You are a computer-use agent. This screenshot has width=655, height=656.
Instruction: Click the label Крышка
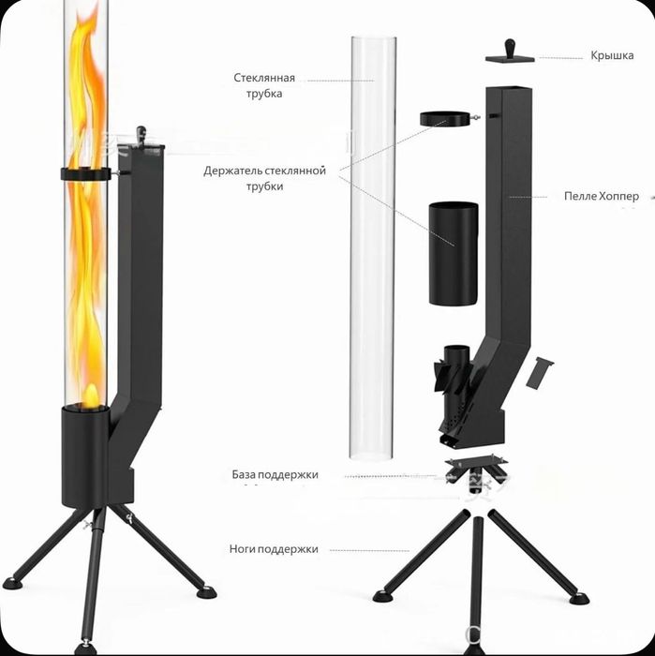pyautogui.click(x=612, y=55)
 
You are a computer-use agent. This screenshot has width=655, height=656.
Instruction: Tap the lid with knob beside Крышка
pyautogui.click(x=510, y=52)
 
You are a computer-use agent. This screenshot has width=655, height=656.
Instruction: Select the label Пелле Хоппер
pyautogui.click(x=602, y=196)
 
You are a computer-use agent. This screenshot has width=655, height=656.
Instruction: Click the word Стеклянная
pyautogui.click(x=264, y=78)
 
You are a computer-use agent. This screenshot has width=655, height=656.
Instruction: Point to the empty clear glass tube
pyautogui.click(x=373, y=247)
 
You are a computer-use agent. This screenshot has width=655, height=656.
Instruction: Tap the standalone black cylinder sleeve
pyautogui.click(x=454, y=254)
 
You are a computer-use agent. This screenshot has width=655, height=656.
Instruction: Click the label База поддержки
pyautogui.click(x=275, y=475)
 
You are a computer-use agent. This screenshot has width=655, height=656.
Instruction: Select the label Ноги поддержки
pyautogui.click(x=274, y=549)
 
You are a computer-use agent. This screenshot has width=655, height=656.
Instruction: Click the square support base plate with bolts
pyautogui.click(x=476, y=465)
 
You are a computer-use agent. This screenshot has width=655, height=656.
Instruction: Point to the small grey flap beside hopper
pyautogui.click(x=539, y=372)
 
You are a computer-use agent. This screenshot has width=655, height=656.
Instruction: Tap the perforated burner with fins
pyautogui.click(x=456, y=394)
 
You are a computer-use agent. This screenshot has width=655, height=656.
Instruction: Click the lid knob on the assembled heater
pyautogui.click(x=141, y=135)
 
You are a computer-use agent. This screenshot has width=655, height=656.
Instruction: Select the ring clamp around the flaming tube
pyautogui.click(x=87, y=173)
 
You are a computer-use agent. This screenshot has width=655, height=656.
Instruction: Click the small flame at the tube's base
pyautogui.click(x=90, y=396)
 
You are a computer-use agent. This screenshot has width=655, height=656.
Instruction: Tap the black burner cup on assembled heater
pyautogui.click(x=86, y=456)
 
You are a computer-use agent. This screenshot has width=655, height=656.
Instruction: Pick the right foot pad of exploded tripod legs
pyautogui.click(x=579, y=598)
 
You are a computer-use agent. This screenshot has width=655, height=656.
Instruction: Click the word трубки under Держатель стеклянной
pyautogui.click(x=264, y=186)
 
